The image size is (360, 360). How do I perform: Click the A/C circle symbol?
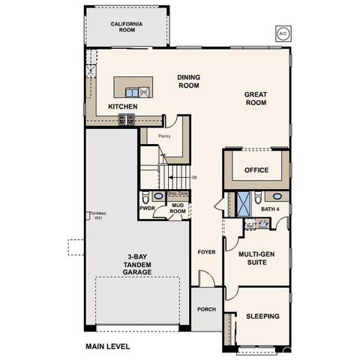283,34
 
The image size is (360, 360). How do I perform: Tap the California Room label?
127,28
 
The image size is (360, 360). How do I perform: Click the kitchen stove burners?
127,118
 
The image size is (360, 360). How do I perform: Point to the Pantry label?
165,136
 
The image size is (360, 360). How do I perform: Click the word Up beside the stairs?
194,178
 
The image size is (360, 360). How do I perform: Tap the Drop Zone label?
178,193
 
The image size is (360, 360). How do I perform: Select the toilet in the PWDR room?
147,198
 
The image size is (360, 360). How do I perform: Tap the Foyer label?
205,253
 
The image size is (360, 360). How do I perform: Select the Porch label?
205,308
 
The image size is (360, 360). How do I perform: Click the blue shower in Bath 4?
244,203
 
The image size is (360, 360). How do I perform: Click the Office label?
256,170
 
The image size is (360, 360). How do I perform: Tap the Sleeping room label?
262,316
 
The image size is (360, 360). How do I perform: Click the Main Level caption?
107,346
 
